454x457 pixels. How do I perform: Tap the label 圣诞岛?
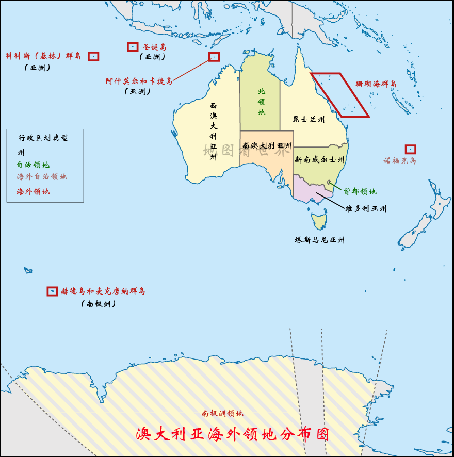[x=155, y=47]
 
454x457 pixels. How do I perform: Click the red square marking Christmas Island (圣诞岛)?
[x=133, y=47]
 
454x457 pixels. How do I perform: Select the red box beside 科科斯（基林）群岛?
[x=93, y=56]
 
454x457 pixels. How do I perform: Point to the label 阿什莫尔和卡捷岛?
[x=139, y=81]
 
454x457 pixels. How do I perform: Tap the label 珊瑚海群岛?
[x=376, y=84]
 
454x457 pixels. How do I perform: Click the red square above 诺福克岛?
[x=411, y=149]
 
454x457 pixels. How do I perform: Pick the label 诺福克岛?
[x=400, y=160]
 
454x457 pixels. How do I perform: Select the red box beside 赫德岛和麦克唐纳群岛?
[x=52, y=291]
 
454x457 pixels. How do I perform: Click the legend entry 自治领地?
[x=33, y=165]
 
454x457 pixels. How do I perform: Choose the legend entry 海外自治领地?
[x=42, y=177]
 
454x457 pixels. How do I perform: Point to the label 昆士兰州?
[x=309, y=119]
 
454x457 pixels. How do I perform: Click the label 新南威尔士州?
[x=319, y=160]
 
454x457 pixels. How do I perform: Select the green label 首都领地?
[x=360, y=192]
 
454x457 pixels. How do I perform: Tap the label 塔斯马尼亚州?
[x=319, y=240]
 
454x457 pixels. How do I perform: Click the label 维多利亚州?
[x=366, y=209]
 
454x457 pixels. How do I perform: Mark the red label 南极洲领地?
[x=222, y=413]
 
